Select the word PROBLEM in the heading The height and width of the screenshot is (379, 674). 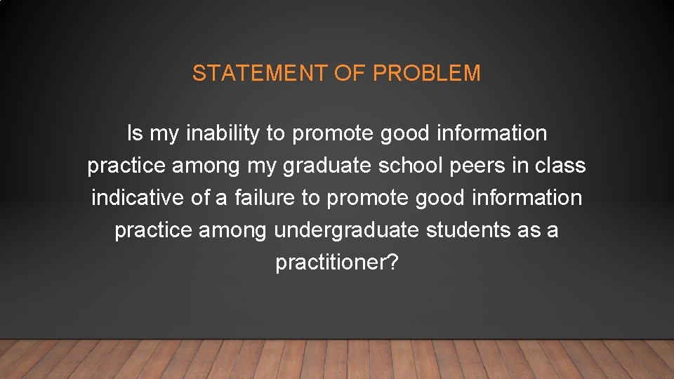point(426,74)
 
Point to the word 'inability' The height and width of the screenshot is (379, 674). point(223,133)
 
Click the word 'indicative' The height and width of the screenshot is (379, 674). point(138,198)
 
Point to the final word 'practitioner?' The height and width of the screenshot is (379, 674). point(337,263)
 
